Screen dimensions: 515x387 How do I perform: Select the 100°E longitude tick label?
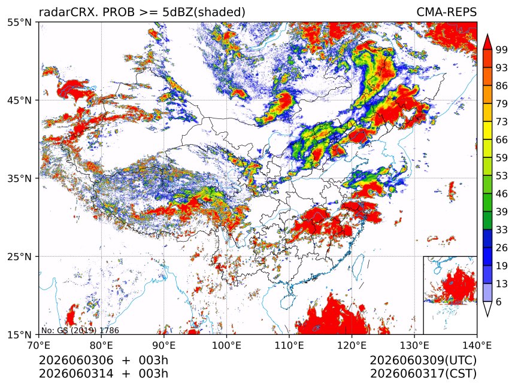[226, 345]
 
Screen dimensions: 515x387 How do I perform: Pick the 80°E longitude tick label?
[101, 345]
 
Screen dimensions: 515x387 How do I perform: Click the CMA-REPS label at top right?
[446, 12]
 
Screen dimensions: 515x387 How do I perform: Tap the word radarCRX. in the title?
[69, 12]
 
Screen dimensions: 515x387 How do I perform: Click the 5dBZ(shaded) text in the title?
[204, 13]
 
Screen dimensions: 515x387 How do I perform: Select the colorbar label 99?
[502, 50]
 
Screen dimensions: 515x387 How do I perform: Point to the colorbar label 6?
[499, 301]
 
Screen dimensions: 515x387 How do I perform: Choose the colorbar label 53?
[502, 176]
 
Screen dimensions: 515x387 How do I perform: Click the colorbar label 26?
[502, 248]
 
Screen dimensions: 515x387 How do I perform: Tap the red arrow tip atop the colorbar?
[487, 35]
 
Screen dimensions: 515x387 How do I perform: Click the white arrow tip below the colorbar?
[487, 316]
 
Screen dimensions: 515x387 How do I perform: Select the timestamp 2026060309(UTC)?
[423, 361]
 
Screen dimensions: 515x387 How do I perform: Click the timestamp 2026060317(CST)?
[423, 374]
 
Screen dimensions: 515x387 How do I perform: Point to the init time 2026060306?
[76, 360]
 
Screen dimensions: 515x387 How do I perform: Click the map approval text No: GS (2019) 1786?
[80, 330]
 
